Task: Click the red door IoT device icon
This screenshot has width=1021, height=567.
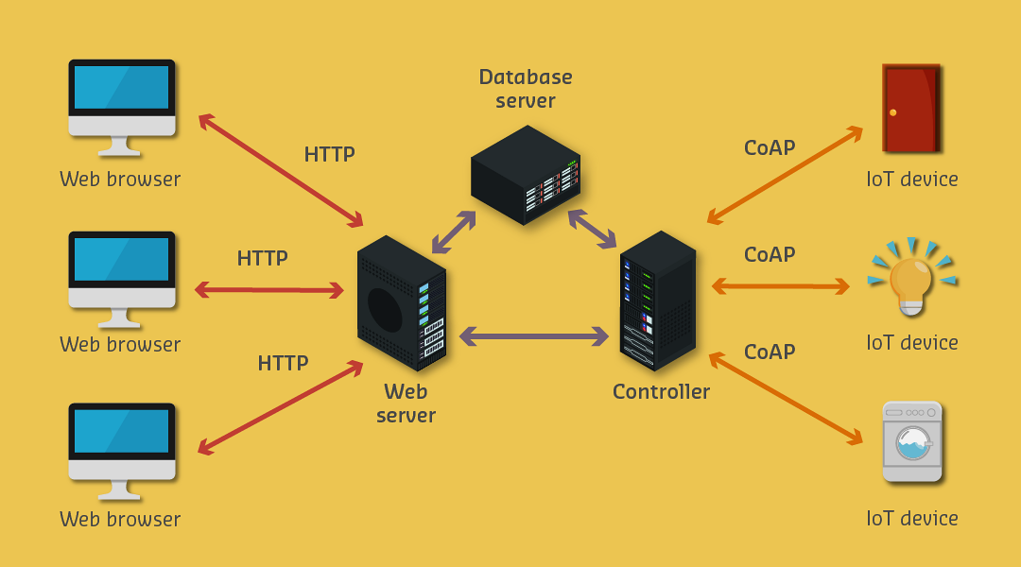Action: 910,108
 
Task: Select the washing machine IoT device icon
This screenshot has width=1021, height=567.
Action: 911,441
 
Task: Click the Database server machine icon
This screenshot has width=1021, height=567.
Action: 526,175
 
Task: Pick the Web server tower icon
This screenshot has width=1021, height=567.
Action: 401,303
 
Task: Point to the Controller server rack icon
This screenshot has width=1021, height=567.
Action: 657,301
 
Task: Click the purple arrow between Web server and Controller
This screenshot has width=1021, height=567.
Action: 534,335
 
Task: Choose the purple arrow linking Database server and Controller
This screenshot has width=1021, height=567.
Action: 592,229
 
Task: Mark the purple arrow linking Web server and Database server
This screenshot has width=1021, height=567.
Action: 454,232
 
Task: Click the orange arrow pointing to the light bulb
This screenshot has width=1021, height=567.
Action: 780,285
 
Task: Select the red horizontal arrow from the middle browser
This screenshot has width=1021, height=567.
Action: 269,290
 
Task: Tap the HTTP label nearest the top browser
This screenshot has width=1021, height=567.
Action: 329,155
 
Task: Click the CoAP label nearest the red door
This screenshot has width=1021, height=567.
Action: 770,147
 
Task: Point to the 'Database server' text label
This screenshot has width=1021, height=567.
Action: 526,89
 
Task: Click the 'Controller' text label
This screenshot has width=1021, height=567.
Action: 661,391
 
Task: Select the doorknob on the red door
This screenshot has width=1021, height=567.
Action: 892,112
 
